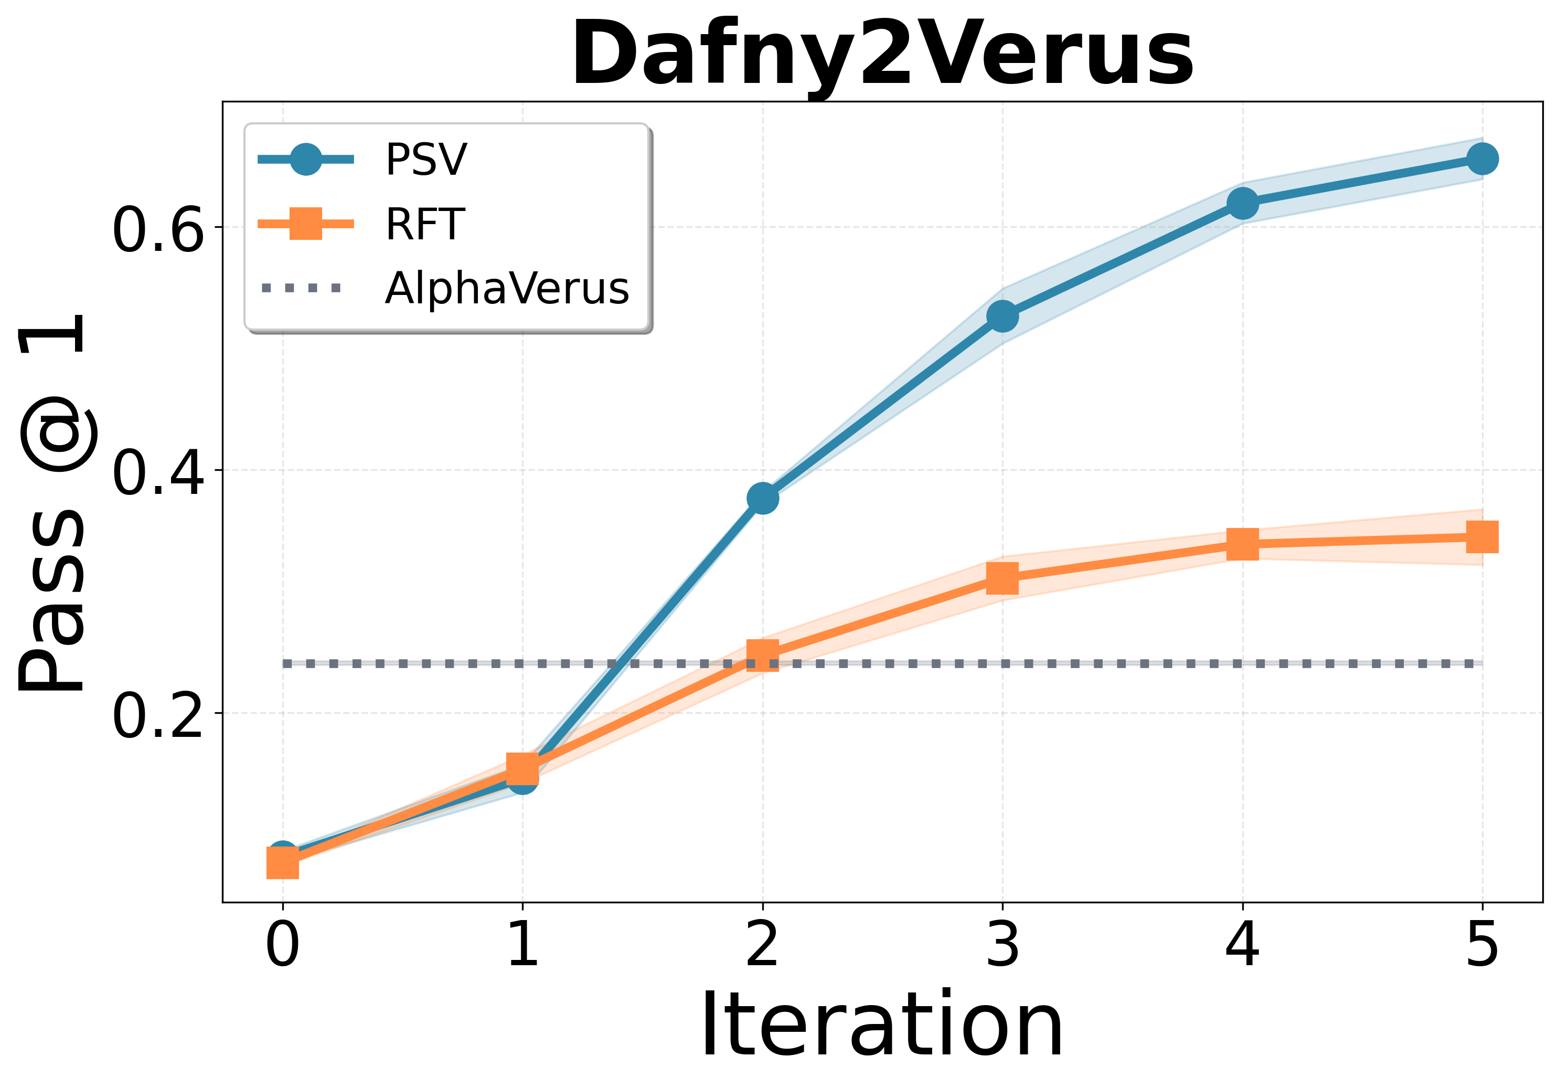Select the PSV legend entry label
click(426, 160)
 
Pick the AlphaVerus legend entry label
click(506, 289)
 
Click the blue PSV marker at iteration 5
click(1482, 159)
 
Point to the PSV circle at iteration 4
click(1242, 203)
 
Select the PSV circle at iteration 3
click(1002, 316)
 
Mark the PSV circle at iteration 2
click(763, 498)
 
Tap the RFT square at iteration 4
click(1242, 544)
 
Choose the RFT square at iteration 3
click(1002, 578)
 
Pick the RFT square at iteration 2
click(763, 655)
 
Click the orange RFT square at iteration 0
click(283, 863)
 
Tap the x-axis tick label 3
click(1002, 946)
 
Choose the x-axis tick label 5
click(1482, 946)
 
